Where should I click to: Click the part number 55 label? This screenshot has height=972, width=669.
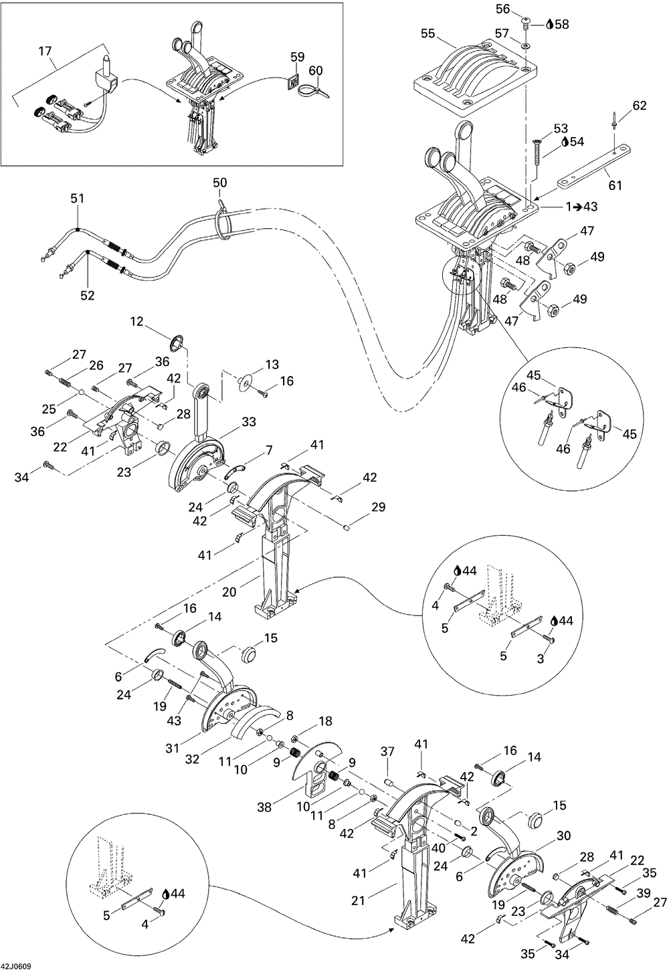coord(427,34)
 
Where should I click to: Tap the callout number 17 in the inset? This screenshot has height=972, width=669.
coord(45,52)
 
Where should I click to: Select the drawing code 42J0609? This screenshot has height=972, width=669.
coord(16,966)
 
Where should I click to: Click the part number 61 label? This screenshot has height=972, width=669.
coord(615,185)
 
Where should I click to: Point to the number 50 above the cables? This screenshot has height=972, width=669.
coord(220,183)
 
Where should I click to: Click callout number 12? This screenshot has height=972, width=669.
coord(136,322)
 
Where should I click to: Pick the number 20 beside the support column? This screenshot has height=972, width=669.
coord(229,591)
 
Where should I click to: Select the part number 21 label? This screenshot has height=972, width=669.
coord(358,900)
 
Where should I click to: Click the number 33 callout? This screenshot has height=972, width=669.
coord(249,421)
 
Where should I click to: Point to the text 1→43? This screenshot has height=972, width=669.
coord(581,207)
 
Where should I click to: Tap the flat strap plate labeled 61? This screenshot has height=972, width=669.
coord(593,166)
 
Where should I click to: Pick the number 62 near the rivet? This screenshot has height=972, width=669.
coord(639,106)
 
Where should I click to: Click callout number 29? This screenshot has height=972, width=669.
coord(379,506)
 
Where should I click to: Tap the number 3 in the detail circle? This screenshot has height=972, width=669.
coord(541,658)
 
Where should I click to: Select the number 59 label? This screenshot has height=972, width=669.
coord(297,57)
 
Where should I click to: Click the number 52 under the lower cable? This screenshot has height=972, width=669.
coord(88,295)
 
